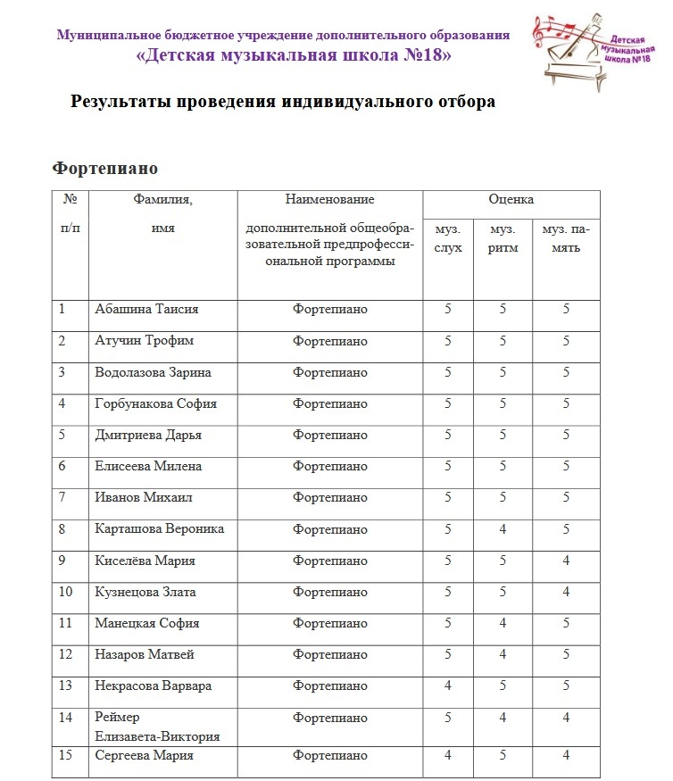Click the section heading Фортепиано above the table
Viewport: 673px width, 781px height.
105,168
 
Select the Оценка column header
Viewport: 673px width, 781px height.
511,200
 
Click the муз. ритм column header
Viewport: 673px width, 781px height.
503,238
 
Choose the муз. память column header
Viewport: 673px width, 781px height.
566,238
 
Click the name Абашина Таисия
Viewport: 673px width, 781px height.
146,310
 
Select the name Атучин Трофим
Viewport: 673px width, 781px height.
145,341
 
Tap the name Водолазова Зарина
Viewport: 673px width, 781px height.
153,372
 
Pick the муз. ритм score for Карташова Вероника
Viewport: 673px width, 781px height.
503,529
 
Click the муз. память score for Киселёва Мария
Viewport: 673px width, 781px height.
566,561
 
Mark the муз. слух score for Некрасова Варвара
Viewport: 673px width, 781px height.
448,686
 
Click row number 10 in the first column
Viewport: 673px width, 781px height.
66,592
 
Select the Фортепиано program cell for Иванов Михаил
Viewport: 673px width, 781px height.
329,498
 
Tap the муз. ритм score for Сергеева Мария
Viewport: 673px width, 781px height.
503,756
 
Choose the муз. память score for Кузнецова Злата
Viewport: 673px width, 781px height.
566,592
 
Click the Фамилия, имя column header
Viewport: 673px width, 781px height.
162,213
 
